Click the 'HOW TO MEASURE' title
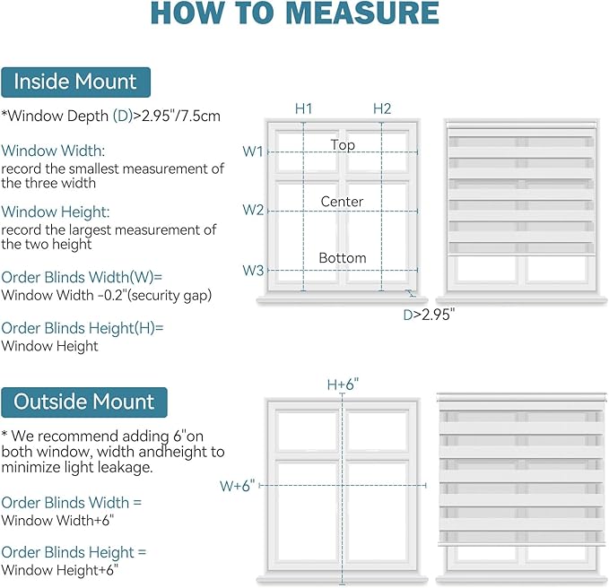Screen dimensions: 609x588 [295, 13]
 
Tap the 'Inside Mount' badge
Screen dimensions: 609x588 [75, 82]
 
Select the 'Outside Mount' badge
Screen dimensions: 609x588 [84, 402]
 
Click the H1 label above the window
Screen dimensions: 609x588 [303, 108]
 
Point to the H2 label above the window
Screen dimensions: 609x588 [382, 108]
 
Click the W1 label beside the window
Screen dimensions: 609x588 [253, 151]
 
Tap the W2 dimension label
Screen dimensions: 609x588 [253, 210]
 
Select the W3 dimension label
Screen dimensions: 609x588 [253, 270]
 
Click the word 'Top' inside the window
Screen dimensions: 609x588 [343, 145]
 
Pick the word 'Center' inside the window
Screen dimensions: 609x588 [342, 202]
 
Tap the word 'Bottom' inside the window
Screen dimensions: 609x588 [343, 258]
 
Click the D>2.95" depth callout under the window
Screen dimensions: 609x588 [429, 315]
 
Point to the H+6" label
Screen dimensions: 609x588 [343, 385]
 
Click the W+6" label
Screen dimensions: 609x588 [237, 486]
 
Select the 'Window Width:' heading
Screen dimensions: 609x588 [53, 151]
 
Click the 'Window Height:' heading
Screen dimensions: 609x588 [56, 212]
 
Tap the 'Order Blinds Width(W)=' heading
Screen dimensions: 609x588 [82, 277]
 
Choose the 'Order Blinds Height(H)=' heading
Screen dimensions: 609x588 [83, 328]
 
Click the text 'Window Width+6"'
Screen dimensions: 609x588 [57, 520]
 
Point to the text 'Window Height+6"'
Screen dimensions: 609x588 [59, 570]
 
